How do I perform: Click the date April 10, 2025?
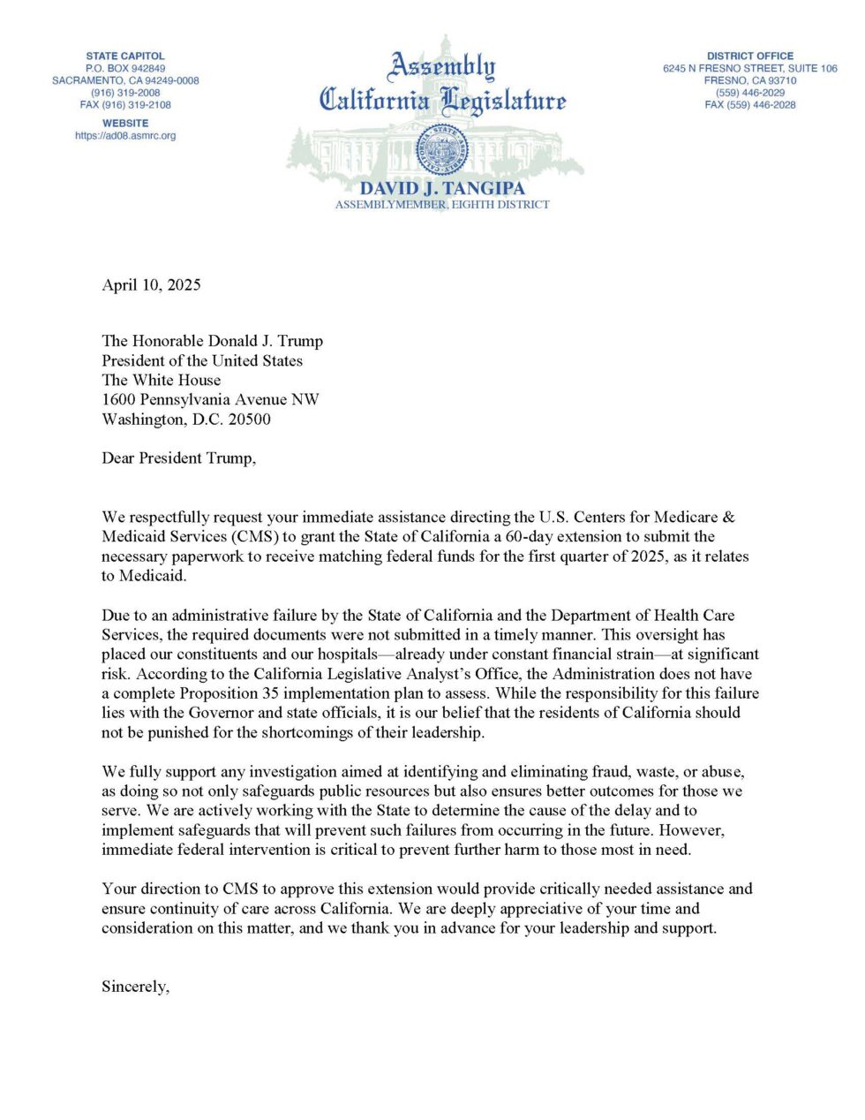coord(151,284)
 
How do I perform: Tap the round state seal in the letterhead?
coord(443,149)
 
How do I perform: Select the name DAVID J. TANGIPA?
coord(442,188)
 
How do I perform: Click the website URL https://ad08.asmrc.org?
coord(125,136)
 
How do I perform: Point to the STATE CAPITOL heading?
coord(125,56)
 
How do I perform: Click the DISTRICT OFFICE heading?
coord(749,56)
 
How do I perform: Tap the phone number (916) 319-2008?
coord(125,93)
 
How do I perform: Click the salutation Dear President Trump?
coord(178,458)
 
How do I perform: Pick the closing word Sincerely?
coord(135,987)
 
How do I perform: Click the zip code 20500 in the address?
coord(250,420)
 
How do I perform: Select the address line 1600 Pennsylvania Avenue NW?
coord(210,399)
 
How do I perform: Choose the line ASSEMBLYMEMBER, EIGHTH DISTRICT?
coord(442,205)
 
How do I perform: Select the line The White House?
coord(161,380)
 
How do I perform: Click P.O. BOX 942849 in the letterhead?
coord(125,68)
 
